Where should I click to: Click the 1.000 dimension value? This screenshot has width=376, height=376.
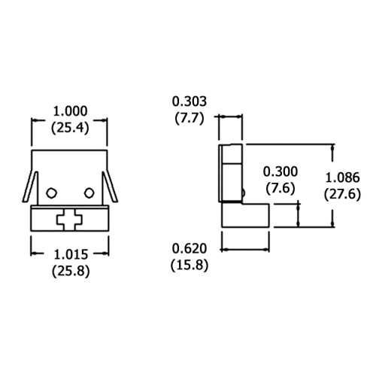pyautogui.click(x=70, y=112)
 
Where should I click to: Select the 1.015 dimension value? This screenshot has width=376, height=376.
pyautogui.click(x=70, y=255)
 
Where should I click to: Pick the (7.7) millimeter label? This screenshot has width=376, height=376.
pyautogui.click(x=190, y=117)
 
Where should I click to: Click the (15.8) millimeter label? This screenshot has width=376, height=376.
pyautogui.click(x=190, y=265)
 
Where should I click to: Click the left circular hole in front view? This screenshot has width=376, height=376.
pyautogui.click(x=50, y=193)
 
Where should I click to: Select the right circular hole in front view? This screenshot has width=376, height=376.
pyautogui.click(x=89, y=193)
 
